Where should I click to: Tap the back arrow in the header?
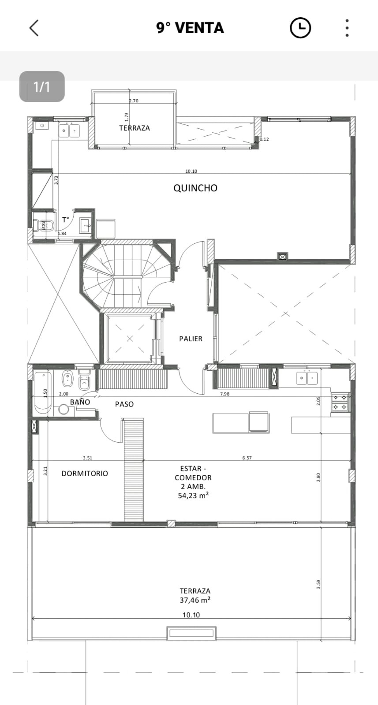pyautogui.click(x=34, y=28)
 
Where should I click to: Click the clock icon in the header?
pyautogui.click(x=300, y=28)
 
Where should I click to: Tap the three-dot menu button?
pyautogui.click(x=347, y=28)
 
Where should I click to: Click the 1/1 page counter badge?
pyautogui.click(x=42, y=86)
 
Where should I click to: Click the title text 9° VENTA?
pyautogui.click(x=190, y=28)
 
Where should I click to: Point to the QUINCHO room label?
pyautogui.click(x=195, y=188)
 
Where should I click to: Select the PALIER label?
pyautogui.click(x=191, y=339)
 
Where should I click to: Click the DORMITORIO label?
pyautogui.click(x=85, y=474)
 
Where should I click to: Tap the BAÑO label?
pyautogui.click(x=80, y=402)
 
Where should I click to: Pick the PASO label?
pyautogui.click(x=124, y=404)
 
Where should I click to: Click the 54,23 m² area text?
pyautogui.click(x=193, y=496)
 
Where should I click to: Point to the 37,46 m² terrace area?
pyautogui.click(x=195, y=600)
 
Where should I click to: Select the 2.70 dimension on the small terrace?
pyautogui.click(x=134, y=101)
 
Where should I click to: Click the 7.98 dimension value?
pyautogui.click(x=225, y=394)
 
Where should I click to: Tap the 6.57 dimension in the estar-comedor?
pyautogui.click(x=247, y=458)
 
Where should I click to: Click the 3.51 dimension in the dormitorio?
pyautogui.click(x=87, y=458)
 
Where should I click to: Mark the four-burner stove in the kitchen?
pyautogui.click(x=340, y=402)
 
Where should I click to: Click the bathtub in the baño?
pyautogui.click(x=43, y=393)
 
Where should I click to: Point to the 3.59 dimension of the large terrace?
pyautogui.click(x=318, y=585)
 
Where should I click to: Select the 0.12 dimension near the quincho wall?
pyautogui.click(x=264, y=139)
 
